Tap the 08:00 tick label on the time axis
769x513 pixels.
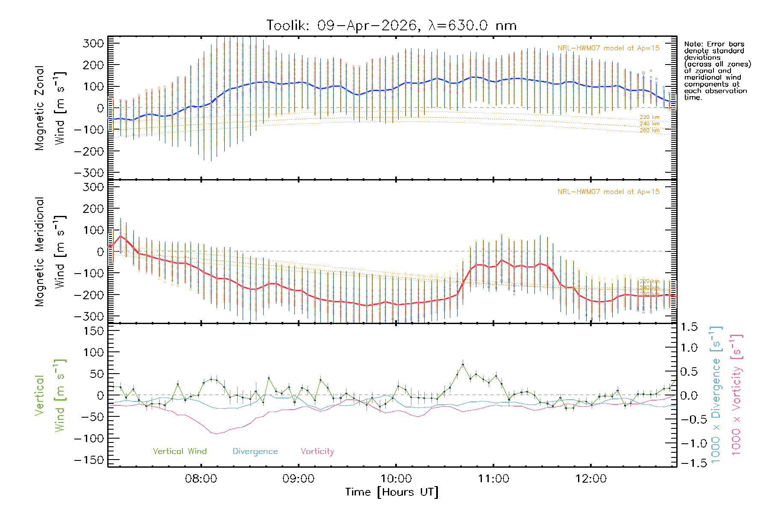(201, 479)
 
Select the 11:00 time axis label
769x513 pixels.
(493, 479)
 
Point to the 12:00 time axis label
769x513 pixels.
(591, 479)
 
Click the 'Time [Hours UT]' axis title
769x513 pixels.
(392, 492)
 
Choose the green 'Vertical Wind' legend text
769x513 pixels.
(179, 451)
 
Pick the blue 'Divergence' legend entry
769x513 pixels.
(255, 451)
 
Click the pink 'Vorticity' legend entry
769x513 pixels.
(317, 451)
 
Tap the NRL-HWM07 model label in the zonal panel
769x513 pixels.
(608, 48)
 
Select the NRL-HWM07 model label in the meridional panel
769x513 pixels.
(608, 192)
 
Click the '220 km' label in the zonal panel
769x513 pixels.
(649, 117)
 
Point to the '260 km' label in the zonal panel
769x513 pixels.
(649, 130)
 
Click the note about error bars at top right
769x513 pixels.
(717, 71)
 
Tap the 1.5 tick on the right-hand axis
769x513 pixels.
(689, 327)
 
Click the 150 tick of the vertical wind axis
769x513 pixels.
(94, 331)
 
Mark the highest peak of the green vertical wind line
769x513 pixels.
(463, 364)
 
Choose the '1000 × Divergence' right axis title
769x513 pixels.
(716, 394)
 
